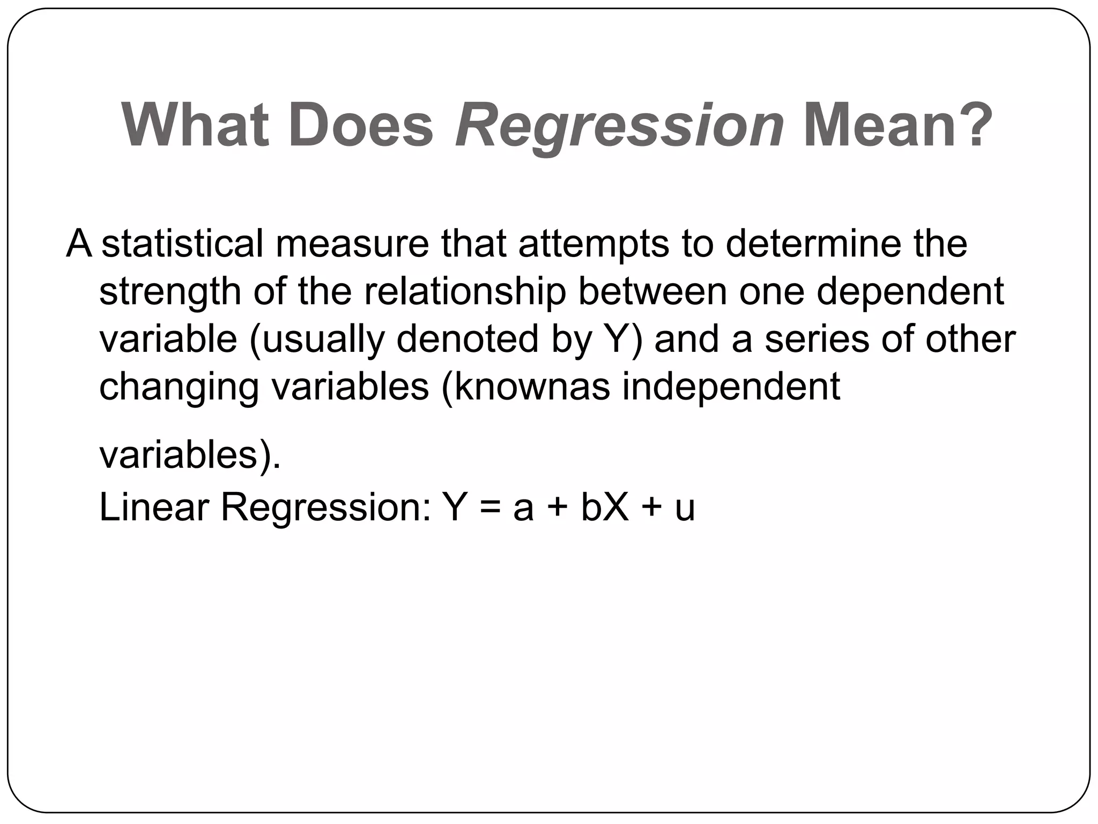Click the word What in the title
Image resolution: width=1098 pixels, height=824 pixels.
coord(195,126)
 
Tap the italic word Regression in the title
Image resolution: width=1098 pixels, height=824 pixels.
coord(619,126)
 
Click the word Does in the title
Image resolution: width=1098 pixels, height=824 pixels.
coord(360,126)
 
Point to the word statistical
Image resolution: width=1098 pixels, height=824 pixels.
coord(182,244)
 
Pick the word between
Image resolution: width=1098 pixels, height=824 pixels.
coord(652,291)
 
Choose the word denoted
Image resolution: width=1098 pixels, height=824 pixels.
coord(467,339)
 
